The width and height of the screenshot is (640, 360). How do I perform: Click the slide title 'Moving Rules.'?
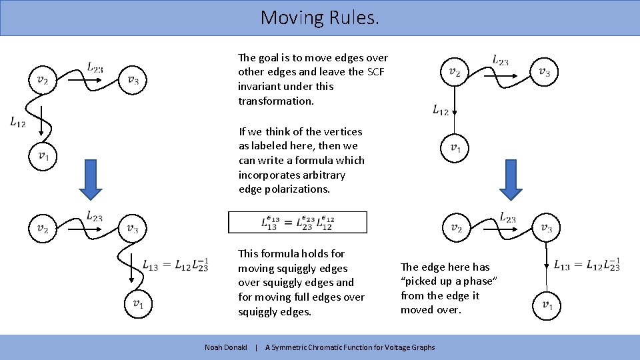tap(320, 17)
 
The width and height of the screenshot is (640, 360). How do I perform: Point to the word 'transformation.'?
tap(275, 101)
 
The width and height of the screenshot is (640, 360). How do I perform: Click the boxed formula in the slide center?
tap(297, 223)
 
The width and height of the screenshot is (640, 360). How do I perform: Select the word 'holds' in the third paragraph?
tap(316, 253)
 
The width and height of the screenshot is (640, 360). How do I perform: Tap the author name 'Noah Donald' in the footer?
tap(226, 347)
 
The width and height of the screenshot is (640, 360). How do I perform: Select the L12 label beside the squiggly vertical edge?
tap(18, 121)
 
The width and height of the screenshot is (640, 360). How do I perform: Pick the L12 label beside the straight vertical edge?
tap(441, 110)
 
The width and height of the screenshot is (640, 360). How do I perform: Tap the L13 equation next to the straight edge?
tap(587, 265)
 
